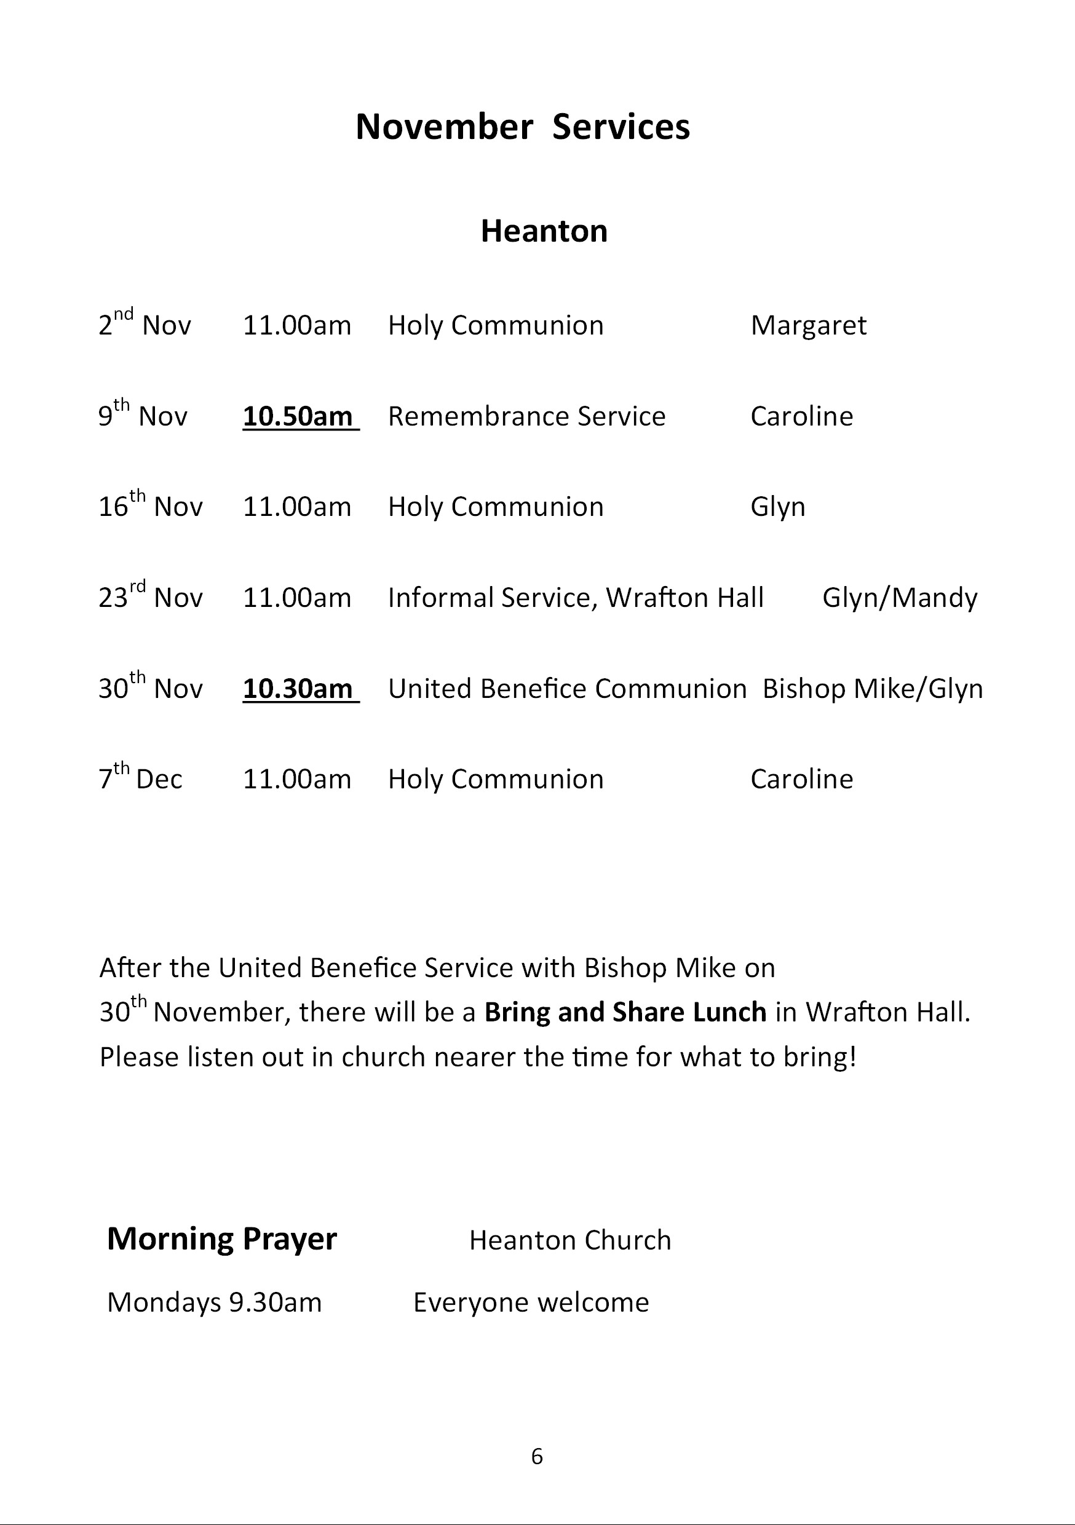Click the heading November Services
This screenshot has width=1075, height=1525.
[x=523, y=126]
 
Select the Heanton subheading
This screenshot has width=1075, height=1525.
[x=544, y=231]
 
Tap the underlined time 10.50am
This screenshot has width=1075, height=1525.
[x=299, y=416]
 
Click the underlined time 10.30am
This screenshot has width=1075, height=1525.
[x=299, y=689]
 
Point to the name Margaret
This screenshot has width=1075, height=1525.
[x=808, y=325]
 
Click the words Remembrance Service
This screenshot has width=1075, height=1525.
[x=526, y=416]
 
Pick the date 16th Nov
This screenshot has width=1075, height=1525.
[x=150, y=506]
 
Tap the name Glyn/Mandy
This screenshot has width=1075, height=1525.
[x=900, y=598]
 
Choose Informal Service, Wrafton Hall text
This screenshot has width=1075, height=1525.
[x=576, y=598]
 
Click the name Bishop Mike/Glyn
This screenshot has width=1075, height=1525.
[x=872, y=689]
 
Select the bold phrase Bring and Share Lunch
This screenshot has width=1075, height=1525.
[x=625, y=1012]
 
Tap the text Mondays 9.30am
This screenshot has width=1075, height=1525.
[x=214, y=1302]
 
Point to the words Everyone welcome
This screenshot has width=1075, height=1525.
[x=531, y=1302]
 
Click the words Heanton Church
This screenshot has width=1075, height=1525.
[x=570, y=1241]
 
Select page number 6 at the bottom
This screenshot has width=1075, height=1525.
[x=537, y=1457]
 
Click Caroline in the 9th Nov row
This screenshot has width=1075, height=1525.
[x=801, y=416]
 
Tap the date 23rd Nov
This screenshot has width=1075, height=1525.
[x=150, y=596]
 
